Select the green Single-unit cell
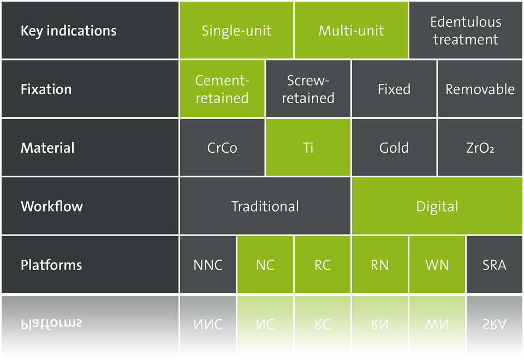236,30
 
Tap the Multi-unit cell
351,30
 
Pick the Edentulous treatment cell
466,30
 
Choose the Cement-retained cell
222,89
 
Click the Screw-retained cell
308,89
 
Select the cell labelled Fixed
394,89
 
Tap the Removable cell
480,89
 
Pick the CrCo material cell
222,147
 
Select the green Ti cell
308,147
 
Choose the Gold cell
394,147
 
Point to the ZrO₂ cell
480,147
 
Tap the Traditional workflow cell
265,206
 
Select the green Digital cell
437,206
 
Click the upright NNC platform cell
208,265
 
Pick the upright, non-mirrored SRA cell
495,265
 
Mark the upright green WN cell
437,265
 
